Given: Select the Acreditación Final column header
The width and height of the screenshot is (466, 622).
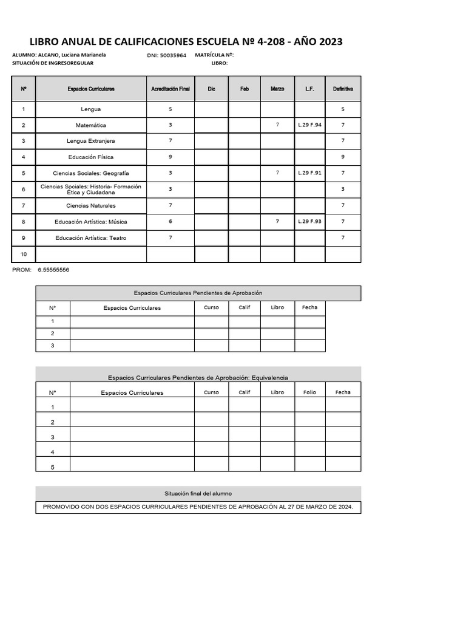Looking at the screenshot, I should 171,89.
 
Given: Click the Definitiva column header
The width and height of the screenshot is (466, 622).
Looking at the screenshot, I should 343,89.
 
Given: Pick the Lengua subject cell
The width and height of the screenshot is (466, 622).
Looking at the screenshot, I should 91,109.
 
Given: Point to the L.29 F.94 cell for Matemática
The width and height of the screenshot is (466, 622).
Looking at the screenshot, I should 310,125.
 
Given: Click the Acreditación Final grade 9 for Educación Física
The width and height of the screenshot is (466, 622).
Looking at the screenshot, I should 171,157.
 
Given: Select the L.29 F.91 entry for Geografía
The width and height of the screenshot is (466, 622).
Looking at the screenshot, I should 310,173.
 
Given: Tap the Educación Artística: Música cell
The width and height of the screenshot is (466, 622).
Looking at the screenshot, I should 91,222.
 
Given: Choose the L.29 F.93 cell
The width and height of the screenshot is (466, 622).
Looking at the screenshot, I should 310,221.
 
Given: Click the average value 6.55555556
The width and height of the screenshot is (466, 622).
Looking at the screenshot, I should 53,270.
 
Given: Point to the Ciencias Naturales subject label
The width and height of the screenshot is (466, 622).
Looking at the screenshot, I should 91,205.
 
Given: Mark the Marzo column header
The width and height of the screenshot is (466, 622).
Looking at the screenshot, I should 277,89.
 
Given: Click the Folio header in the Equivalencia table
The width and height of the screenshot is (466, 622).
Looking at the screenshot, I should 309,392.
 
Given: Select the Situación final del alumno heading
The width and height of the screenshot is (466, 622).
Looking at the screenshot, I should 198,494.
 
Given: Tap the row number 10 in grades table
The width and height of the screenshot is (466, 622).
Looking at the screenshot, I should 24,254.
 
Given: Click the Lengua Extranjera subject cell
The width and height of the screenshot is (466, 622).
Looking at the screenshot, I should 91,141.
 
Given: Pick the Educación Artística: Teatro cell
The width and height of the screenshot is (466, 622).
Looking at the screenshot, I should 91,238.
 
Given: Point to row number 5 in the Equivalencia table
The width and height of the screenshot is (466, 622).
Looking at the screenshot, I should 53,467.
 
